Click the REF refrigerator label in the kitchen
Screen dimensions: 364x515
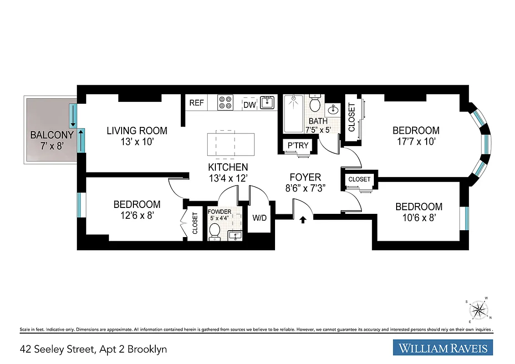(x=196, y=103)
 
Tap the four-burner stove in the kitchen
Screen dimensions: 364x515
(x=225, y=103)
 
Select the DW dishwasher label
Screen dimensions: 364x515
(x=249, y=105)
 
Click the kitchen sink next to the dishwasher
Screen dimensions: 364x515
(x=267, y=103)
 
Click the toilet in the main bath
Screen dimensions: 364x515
(x=315, y=104)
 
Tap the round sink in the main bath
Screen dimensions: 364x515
(x=333, y=109)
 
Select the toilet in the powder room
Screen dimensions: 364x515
(x=214, y=233)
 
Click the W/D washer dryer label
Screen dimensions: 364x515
(x=260, y=218)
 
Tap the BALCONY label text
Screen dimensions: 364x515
(x=51, y=135)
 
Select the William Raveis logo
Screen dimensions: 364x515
(x=443, y=349)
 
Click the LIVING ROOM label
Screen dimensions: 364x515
(x=137, y=131)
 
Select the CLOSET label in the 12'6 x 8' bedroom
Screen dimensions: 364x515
(x=195, y=223)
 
